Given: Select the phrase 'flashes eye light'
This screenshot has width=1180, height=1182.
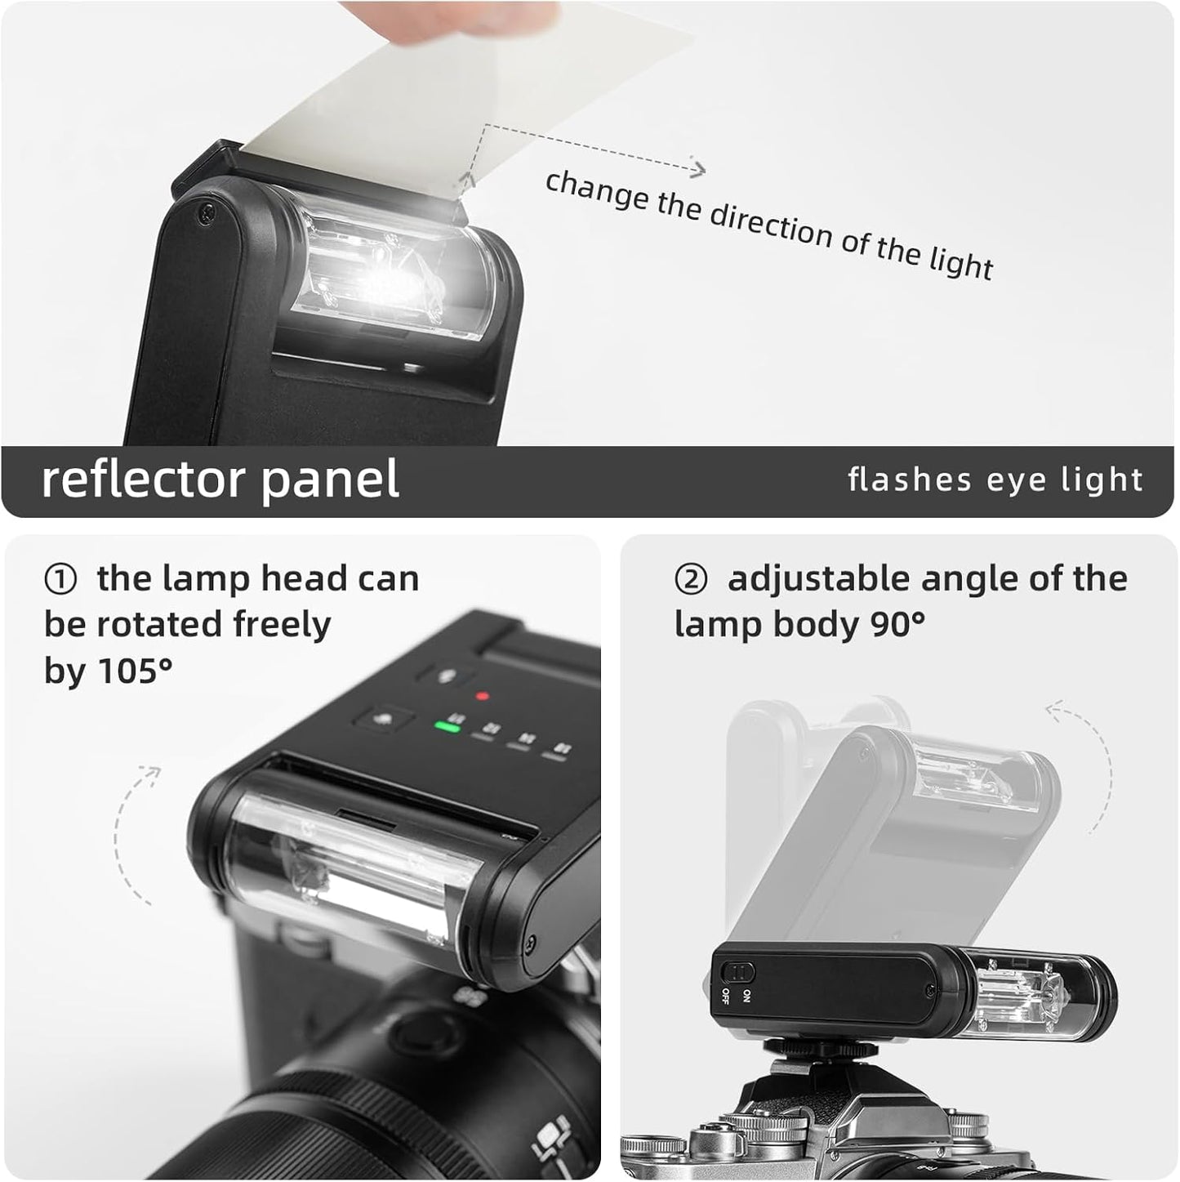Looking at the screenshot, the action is (995, 479).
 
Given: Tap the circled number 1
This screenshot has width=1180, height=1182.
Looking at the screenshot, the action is (60, 580).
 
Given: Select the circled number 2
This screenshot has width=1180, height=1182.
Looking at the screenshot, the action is (691, 580).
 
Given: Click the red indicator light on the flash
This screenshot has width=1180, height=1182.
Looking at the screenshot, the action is (483, 696).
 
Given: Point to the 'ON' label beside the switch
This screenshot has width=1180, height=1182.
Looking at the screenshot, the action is (746, 996).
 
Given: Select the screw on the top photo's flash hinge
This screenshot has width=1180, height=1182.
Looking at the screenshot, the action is (206, 213).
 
